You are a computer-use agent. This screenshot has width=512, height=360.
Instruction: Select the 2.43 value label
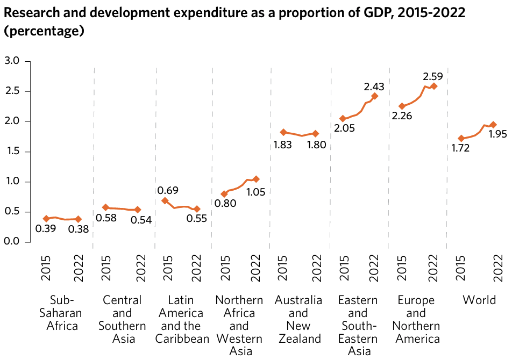374,86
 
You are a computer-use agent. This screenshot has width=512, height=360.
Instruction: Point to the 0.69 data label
168,190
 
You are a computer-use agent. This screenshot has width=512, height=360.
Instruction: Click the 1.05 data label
255,192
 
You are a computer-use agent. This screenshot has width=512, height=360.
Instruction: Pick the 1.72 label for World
459,148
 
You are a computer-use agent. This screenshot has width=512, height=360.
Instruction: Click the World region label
479,300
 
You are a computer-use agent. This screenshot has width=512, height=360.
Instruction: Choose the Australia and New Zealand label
298,319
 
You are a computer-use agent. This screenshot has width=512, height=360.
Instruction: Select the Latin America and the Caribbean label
182,319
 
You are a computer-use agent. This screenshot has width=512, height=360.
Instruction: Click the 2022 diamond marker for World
493,125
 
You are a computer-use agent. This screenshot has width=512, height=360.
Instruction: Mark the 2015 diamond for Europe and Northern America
402,106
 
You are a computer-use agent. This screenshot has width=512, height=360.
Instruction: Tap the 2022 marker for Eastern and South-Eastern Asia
374,96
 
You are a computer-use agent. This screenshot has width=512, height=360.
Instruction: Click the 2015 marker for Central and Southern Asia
105,207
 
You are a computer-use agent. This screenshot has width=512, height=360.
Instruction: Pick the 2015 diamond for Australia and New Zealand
283,132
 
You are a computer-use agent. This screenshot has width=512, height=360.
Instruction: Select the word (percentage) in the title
44,31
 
